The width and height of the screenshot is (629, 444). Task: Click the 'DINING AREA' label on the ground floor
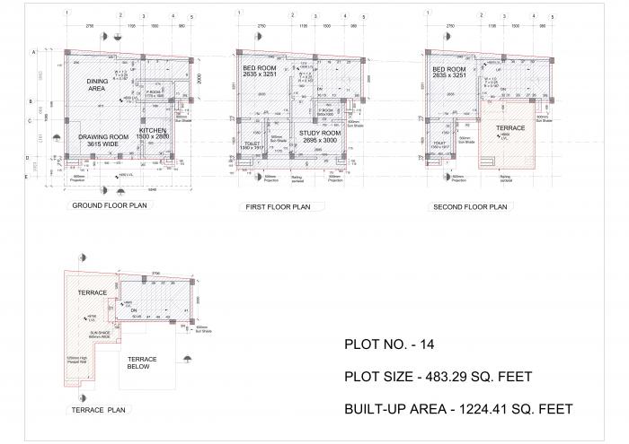(x=97, y=84)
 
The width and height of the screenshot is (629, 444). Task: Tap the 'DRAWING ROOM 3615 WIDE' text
(x=103, y=140)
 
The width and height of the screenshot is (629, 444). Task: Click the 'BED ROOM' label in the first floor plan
(x=261, y=73)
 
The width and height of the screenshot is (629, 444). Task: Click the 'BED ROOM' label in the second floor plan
(x=449, y=73)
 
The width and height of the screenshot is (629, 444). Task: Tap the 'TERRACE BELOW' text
(x=142, y=363)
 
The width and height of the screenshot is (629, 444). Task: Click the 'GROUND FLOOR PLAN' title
(x=110, y=205)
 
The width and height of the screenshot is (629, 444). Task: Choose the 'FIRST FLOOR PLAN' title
(x=278, y=207)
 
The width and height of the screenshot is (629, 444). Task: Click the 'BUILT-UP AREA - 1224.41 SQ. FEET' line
(x=458, y=409)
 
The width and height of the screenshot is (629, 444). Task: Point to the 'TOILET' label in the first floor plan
(x=252, y=144)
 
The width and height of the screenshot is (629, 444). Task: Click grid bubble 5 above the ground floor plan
(x=190, y=17)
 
